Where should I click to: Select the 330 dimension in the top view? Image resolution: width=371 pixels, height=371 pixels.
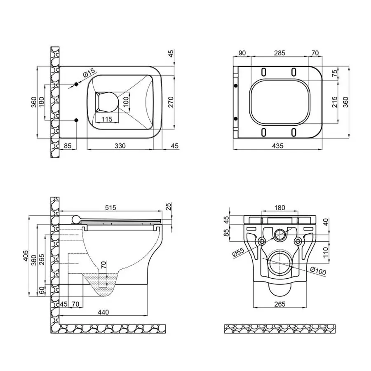[120, 146]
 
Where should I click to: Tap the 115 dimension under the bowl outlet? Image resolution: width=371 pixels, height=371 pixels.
[107, 120]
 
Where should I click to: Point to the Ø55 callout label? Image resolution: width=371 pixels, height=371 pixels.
[240, 251]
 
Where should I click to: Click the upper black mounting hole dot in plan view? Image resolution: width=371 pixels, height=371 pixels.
[76, 85]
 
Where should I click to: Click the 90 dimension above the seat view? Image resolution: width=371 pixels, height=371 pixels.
[242, 53]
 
